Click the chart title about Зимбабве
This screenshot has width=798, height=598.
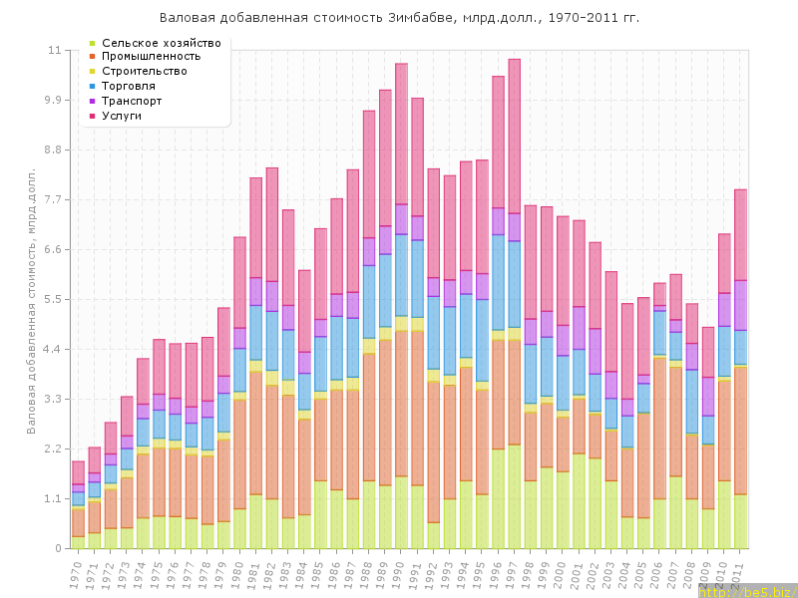click(x=399, y=18)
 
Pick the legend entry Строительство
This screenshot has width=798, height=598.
click(x=145, y=72)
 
